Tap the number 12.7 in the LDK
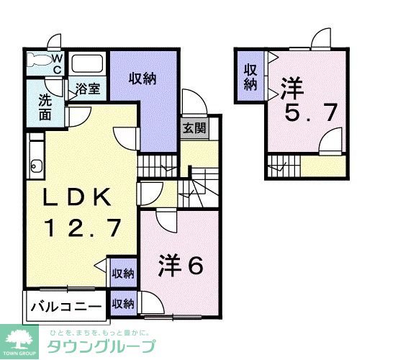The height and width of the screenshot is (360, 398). [81, 229]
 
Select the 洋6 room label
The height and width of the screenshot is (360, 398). [180, 265]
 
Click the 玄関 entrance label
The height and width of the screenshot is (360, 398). [192, 129]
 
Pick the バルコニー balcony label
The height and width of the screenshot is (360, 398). [65, 307]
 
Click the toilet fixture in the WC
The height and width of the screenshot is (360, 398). [41, 61]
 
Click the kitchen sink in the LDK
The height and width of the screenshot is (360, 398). [34, 169]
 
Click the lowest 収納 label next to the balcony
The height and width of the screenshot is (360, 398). [123, 304]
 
